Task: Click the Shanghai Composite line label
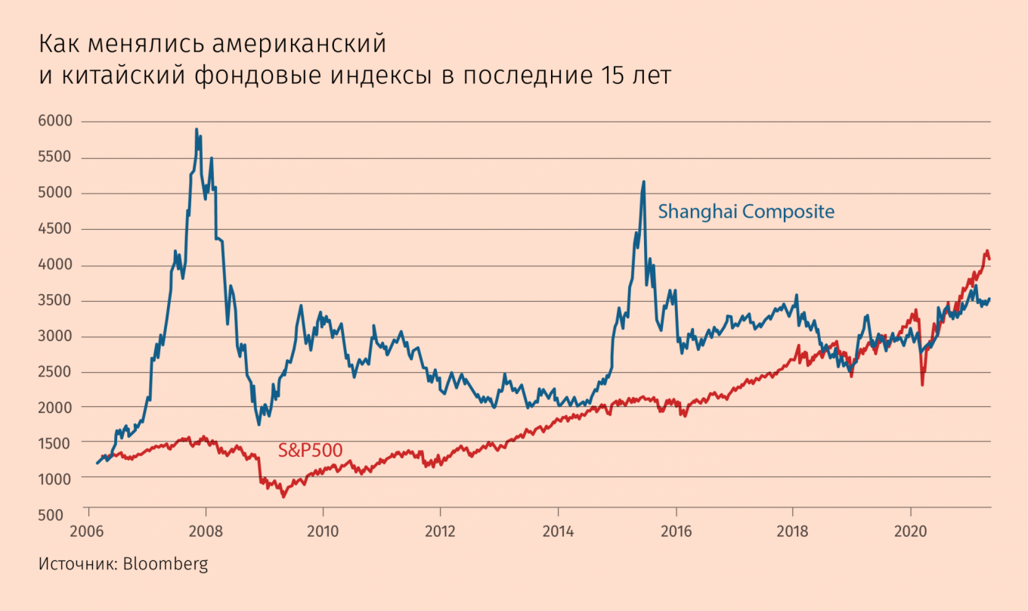(x=746, y=212)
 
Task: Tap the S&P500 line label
(x=310, y=451)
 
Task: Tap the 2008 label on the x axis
(x=206, y=532)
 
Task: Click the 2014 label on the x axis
(x=558, y=532)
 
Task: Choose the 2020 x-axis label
(x=910, y=532)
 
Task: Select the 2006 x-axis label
(x=88, y=532)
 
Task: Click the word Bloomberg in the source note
(x=165, y=564)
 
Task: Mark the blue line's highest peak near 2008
(x=197, y=129)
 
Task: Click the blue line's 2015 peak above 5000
(x=643, y=181)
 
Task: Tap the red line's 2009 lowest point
(x=283, y=497)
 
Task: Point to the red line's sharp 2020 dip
(x=922, y=385)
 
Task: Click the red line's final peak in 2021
(x=986, y=251)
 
